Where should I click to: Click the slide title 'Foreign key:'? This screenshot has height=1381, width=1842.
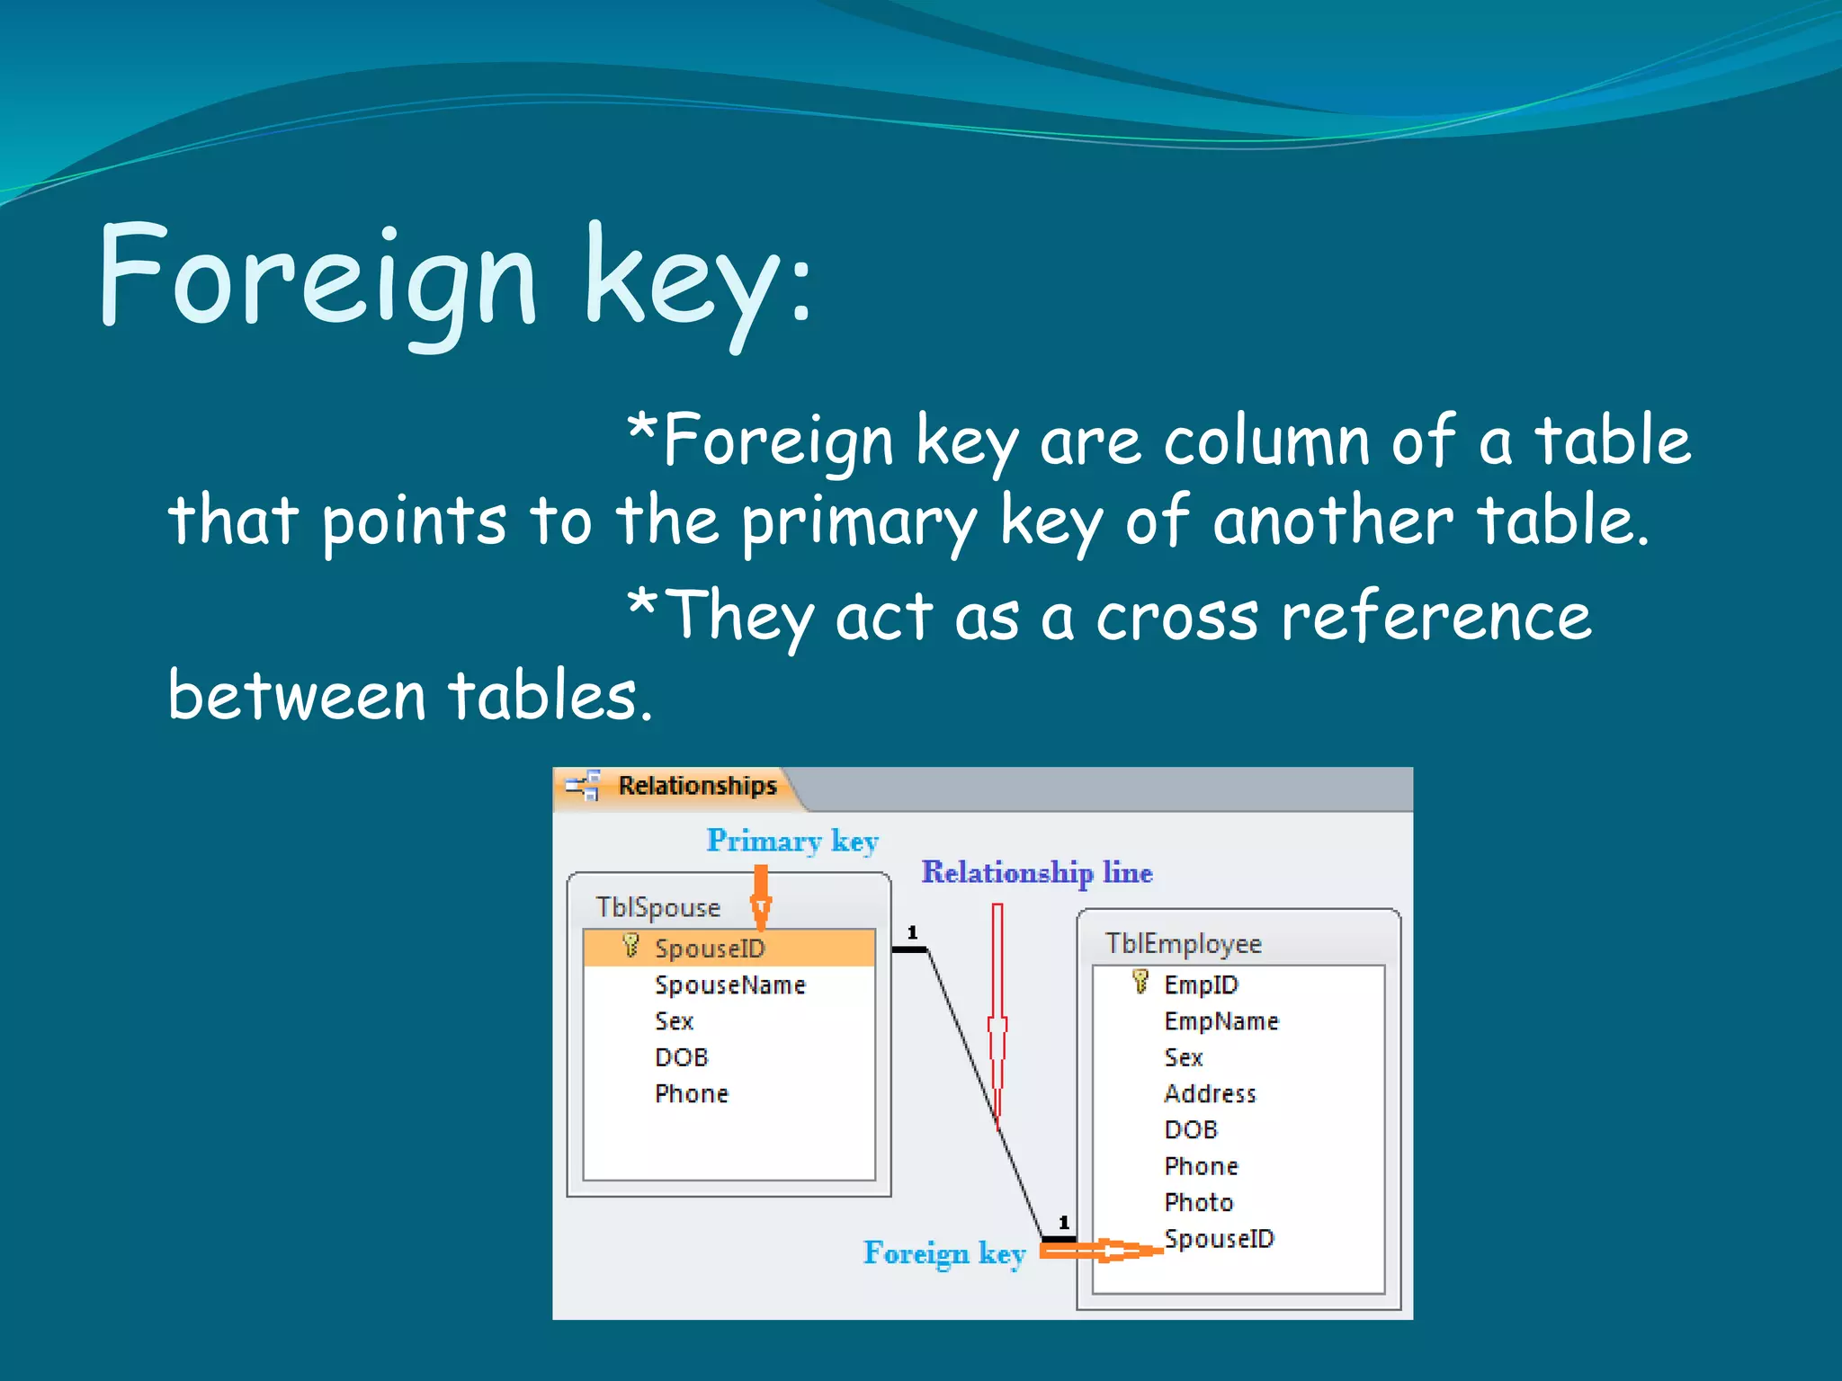pyautogui.click(x=454, y=279)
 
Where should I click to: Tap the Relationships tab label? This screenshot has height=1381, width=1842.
pyautogui.click(x=696, y=786)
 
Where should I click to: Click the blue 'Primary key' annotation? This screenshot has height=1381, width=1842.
pyautogui.click(x=791, y=841)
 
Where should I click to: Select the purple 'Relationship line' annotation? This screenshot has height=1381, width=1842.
pyautogui.click(x=1036, y=872)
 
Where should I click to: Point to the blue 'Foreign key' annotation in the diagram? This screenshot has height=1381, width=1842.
pyautogui.click(x=943, y=1253)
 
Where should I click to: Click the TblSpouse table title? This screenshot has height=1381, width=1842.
pyautogui.click(x=657, y=907)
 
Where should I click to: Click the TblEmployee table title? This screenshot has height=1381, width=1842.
pyautogui.click(x=1183, y=943)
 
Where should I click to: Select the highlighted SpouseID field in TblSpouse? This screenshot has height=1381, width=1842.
pyautogui.click(x=710, y=949)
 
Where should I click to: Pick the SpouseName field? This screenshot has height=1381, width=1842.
pyautogui.click(x=729, y=985)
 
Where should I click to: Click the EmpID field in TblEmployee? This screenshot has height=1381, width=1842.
pyautogui.click(x=1201, y=985)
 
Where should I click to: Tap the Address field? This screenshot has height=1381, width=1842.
pyautogui.click(x=1210, y=1094)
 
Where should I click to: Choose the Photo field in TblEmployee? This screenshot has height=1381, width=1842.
pyautogui.click(x=1198, y=1203)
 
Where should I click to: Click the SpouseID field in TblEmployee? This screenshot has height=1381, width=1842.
pyautogui.click(x=1219, y=1239)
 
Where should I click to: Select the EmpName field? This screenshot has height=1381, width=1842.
pyautogui.click(x=1221, y=1021)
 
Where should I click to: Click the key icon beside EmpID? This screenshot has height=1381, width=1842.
pyautogui.click(x=1140, y=982)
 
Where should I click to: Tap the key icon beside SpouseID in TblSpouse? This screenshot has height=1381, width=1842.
pyautogui.click(x=630, y=946)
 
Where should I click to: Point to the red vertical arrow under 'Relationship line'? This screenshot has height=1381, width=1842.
pyautogui.click(x=997, y=1016)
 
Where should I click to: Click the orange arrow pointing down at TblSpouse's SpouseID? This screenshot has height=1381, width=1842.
pyautogui.click(x=761, y=897)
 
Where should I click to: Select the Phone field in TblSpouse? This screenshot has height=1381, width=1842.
pyautogui.click(x=691, y=1094)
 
